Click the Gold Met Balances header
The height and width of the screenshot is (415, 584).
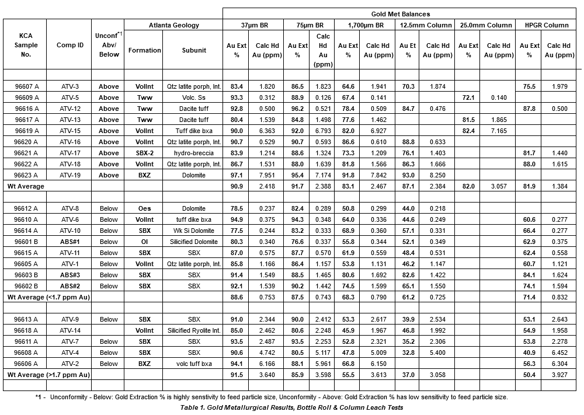[x=401, y=13]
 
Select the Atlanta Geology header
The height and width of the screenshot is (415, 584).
[x=174, y=25]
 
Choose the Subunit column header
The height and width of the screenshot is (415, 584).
[x=193, y=50]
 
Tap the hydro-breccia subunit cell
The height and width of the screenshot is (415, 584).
[x=193, y=153]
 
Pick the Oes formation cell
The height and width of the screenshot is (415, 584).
[x=144, y=208]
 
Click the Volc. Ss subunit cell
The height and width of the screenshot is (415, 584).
[x=193, y=97]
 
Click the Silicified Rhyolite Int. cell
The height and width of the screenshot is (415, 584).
[x=193, y=330]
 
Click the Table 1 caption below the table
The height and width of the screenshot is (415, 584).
[x=292, y=407]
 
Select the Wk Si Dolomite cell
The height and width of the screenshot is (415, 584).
[x=193, y=231]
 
